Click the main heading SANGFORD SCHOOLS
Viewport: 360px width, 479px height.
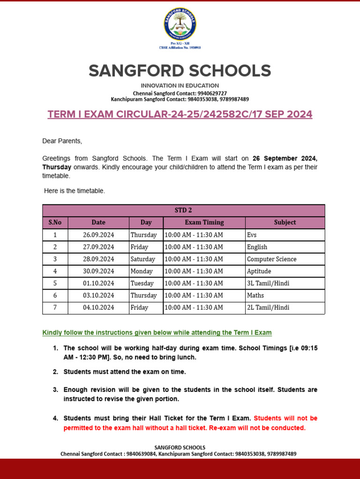[180, 71]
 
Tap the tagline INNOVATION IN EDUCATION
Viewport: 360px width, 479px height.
[180, 86]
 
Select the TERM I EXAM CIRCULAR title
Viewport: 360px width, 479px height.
[180, 115]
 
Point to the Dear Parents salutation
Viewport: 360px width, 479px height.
[62, 141]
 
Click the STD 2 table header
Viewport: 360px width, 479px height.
[183, 210]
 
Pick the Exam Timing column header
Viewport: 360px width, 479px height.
[204, 222]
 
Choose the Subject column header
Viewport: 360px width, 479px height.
[285, 222]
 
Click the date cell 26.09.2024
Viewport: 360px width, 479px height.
[98, 235]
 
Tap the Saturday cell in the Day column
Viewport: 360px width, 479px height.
[142, 259]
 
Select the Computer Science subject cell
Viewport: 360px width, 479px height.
[271, 259]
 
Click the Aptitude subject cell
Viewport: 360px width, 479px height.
[259, 271]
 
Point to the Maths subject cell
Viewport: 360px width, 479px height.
[255, 296]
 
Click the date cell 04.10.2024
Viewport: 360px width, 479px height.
[98, 308]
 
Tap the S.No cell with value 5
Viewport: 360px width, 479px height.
[55, 283]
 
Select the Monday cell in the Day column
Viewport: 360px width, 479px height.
[142, 271]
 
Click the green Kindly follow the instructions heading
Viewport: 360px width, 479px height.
[157, 333]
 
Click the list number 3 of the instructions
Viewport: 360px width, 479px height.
[55, 390]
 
